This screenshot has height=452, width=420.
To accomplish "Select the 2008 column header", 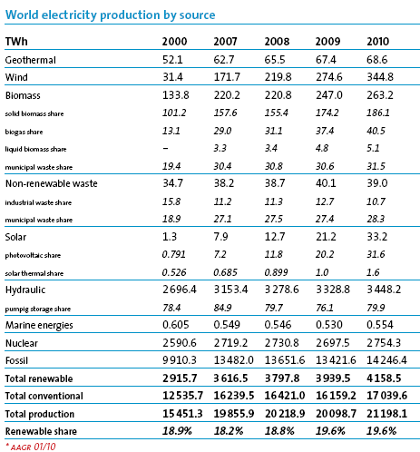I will click(x=277, y=43).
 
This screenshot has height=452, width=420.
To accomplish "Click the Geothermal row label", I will click(x=32, y=59).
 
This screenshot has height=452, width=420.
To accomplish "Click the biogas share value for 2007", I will click(x=225, y=130).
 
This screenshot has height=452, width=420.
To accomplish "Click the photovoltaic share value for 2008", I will click(x=277, y=254).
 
